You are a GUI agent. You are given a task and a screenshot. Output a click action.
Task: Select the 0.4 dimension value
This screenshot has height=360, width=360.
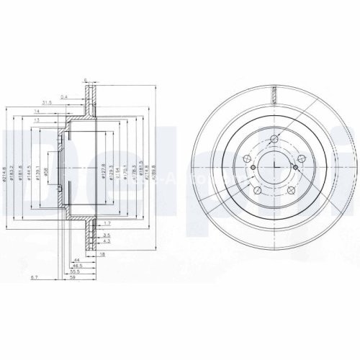(x=64, y=96)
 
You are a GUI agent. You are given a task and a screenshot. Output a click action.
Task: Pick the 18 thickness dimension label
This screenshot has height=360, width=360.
(x=102, y=254)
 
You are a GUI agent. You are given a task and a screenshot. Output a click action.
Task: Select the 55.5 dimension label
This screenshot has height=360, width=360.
(x=74, y=271)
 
